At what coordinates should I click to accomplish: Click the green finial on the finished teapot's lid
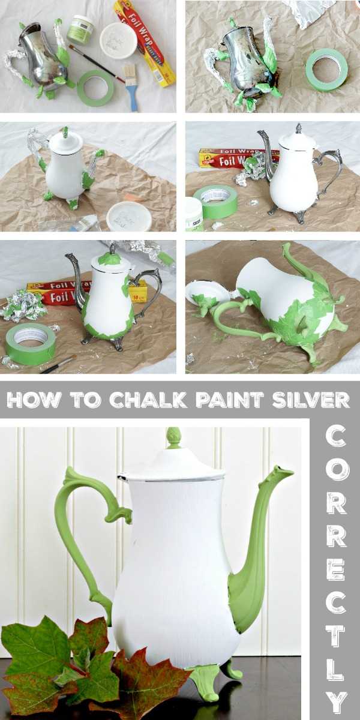(x=173, y=437)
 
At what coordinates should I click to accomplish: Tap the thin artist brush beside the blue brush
(x=96, y=62)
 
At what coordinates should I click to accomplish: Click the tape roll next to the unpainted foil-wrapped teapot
(x=326, y=70)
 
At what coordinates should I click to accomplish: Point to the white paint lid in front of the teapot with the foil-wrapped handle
(x=129, y=216)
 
